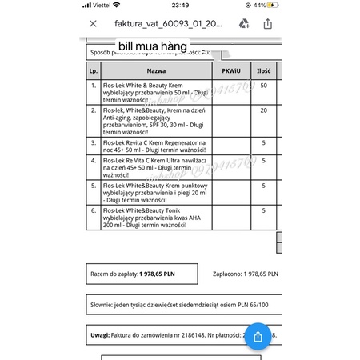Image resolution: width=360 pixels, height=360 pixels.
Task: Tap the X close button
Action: [x=93, y=24]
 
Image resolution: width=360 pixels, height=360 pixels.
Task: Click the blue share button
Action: [x=257, y=336]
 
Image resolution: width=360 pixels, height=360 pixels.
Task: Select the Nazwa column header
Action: [x=156, y=71]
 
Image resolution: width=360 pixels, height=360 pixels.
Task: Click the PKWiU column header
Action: [x=230, y=71]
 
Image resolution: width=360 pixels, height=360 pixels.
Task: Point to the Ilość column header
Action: [x=263, y=71]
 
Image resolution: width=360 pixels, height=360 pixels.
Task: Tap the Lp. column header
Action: [x=94, y=71]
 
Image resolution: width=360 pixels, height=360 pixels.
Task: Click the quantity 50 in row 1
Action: [x=263, y=85]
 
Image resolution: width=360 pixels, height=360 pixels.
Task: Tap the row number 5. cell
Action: [x=94, y=184]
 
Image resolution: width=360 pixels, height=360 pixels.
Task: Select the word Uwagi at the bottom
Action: [x=99, y=334]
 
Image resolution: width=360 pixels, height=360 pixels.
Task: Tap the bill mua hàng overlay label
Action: [x=153, y=46]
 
